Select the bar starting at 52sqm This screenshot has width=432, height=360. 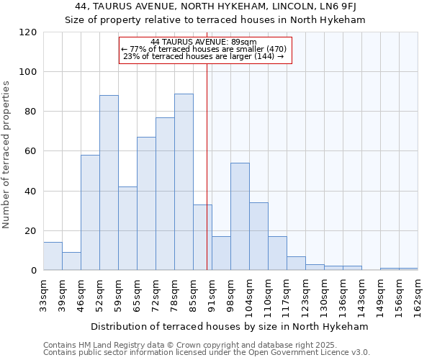109,183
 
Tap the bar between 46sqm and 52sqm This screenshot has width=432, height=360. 90,212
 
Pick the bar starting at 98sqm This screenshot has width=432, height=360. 240,217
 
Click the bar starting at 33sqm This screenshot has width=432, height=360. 53,256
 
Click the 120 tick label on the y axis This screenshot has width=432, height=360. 28,32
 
